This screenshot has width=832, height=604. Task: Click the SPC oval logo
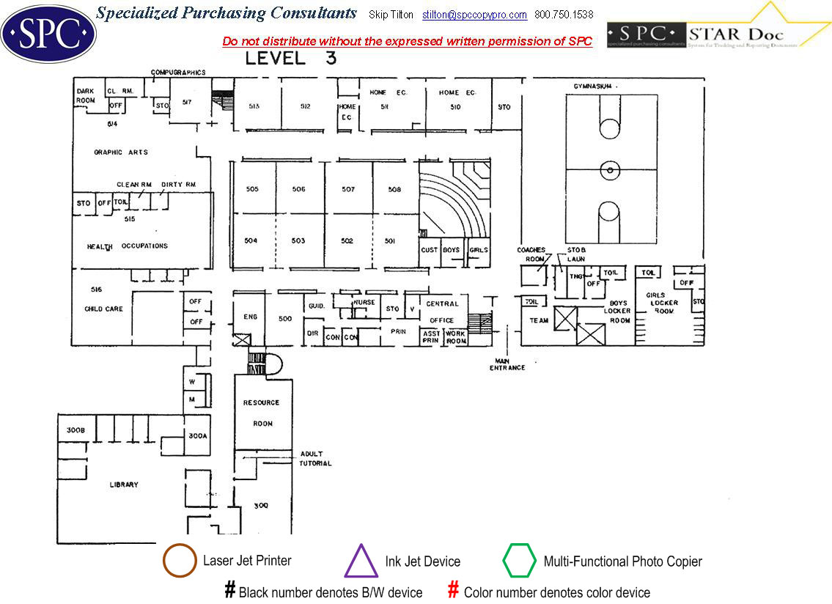(x=49, y=34)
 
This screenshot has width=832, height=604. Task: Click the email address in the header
(x=474, y=15)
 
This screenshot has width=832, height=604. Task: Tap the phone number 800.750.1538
(x=564, y=15)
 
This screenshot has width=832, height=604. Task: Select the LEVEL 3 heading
(x=291, y=59)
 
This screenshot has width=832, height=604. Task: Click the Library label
(x=124, y=485)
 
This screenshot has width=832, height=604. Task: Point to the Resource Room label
(x=262, y=413)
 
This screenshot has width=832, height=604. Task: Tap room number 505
(x=252, y=189)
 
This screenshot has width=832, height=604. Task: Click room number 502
(x=347, y=241)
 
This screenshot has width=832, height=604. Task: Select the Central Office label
(x=442, y=312)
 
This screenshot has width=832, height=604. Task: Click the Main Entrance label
(x=507, y=364)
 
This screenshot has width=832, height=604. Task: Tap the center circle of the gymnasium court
(x=609, y=170)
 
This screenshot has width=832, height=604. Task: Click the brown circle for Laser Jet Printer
(x=180, y=561)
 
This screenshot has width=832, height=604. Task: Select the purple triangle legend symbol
(x=361, y=561)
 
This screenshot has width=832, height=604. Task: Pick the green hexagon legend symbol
(x=520, y=561)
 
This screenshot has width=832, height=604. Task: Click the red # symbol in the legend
(x=453, y=590)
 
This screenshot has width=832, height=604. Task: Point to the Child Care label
(x=104, y=309)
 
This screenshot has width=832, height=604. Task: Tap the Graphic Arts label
(x=121, y=152)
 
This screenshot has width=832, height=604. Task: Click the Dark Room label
(x=86, y=95)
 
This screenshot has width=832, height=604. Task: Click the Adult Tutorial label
(x=315, y=459)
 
